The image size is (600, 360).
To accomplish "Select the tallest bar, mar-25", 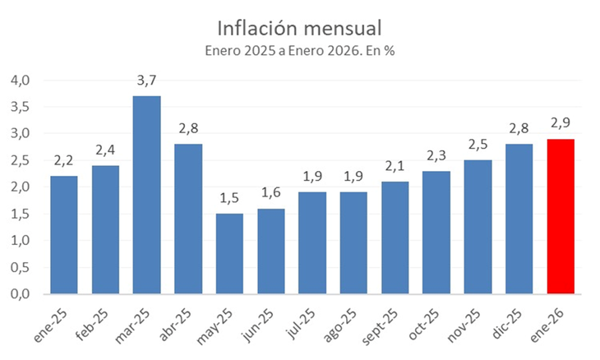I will pyautogui.click(x=146, y=195).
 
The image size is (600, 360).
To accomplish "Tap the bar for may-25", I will pyautogui.click(x=229, y=253).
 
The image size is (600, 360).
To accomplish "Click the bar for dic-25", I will pyautogui.click(x=519, y=219).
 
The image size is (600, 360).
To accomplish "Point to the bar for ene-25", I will pyautogui.click(x=64, y=235).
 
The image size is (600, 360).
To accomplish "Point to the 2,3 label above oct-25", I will pyautogui.click(x=436, y=155).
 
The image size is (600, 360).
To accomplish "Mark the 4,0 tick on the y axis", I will pyautogui.click(x=20, y=81).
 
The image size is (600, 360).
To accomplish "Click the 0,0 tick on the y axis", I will pyautogui.click(x=20, y=294).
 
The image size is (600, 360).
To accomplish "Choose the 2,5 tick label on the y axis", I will pyautogui.click(x=20, y=160).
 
